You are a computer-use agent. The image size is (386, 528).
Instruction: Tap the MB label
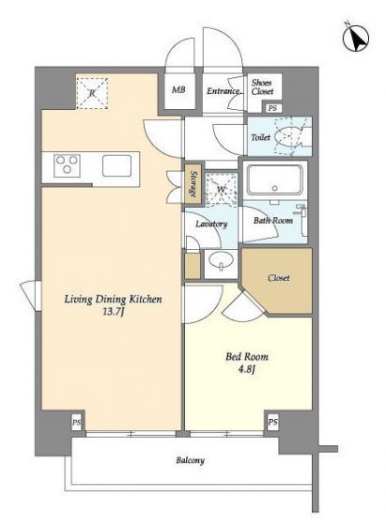(x=178, y=90)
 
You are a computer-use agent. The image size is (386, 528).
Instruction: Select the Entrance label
(x=224, y=91)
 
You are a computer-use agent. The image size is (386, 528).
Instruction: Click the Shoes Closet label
(x=262, y=86)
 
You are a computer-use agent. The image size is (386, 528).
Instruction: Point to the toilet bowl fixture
(x=288, y=136)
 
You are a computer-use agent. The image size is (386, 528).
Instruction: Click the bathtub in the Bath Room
(x=275, y=179)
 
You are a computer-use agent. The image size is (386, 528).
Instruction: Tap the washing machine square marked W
(x=221, y=189)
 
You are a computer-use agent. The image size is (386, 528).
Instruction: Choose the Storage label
(x=193, y=184)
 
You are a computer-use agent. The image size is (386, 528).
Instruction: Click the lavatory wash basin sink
(x=221, y=260)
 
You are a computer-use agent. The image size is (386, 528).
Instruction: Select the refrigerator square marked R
(x=92, y=93)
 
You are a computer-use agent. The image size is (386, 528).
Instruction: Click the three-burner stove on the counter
(x=67, y=165)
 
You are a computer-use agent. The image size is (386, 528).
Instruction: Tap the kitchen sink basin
(x=116, y=165)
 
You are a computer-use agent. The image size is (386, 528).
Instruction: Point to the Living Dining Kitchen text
(x=113, y=299)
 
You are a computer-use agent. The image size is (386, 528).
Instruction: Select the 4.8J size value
(x=247, y=370)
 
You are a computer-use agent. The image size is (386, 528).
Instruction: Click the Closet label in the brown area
(x=279, y=278)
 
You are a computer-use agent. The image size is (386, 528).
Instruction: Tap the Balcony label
(x=190, y=460)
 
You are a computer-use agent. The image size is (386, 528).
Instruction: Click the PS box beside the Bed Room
(x=272, y=422)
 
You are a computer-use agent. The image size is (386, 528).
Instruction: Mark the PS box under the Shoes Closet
(x=272, y=108)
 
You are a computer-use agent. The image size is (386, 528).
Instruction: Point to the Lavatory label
(x=211, y=224)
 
